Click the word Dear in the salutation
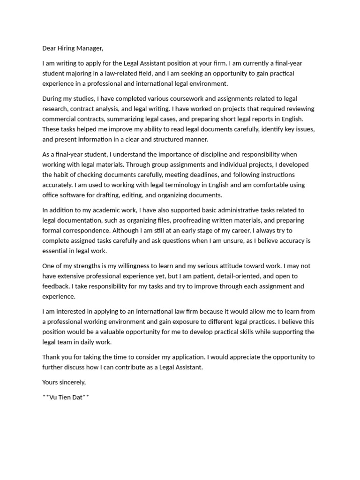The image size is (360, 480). pyautogui.click(x=49, y=48)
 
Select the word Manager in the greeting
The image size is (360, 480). pyautogui.click(x=89, y=48)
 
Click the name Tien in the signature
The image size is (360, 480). pyautogui.click(x=66, y=397)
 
